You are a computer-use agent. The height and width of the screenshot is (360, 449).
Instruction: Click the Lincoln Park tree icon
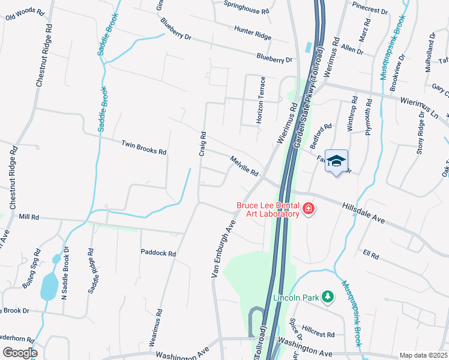pos(328,297)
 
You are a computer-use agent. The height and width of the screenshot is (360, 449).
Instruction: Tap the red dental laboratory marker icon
pos(309,209)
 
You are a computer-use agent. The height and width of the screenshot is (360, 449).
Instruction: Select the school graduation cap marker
pos(337,161)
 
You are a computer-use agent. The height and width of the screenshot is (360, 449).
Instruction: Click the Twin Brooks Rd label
pos(143,148)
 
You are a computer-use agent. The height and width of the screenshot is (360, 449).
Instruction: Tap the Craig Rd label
pos(203,144)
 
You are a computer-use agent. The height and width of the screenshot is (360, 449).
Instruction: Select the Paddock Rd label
pos(158,253)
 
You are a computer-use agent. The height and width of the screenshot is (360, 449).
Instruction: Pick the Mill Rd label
pos(29,217)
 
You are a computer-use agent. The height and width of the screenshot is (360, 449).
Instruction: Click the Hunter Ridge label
pos(253,32)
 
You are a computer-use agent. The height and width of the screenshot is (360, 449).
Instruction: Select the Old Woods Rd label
pos(25,14)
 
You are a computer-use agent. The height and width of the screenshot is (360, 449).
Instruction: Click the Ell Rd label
pos(371,255)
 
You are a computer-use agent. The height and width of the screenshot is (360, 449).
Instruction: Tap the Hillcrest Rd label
pos(318,331)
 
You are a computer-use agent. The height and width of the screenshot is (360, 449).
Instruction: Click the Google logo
pos(20,353)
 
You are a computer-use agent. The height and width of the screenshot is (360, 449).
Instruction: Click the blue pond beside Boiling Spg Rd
pos(49,286)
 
